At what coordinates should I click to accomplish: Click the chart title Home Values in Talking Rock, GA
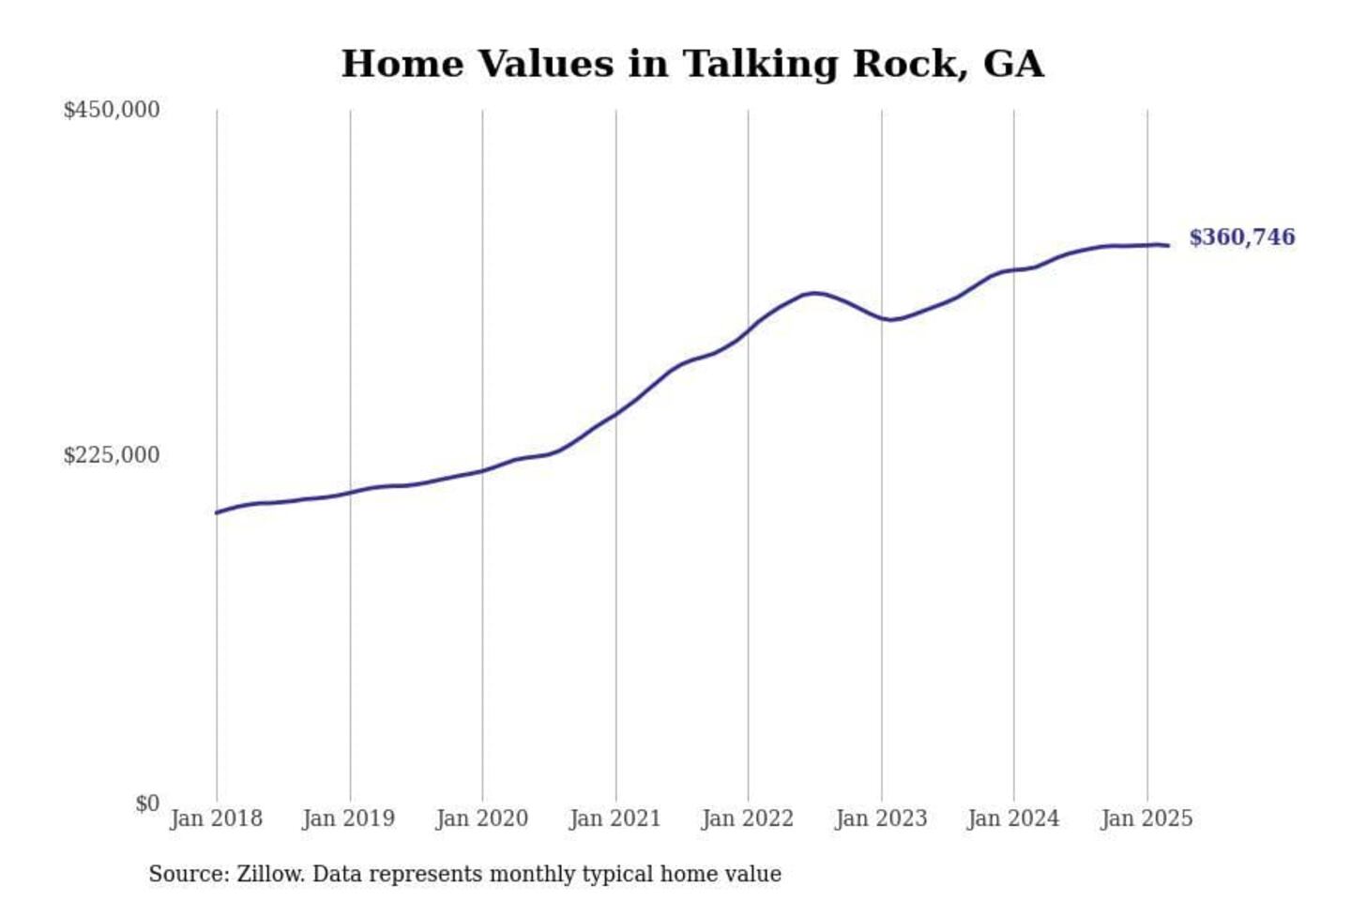[x=691, y=64]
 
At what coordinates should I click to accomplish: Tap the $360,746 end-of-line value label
[x=1241, y=237]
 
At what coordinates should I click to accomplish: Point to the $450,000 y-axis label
[x=111, y=110]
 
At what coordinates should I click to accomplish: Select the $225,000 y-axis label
[x=111, y=455]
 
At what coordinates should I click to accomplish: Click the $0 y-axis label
[x=146, y=803]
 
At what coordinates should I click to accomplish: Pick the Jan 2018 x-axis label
[x=216, y=818]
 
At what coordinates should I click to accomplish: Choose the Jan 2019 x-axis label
[x=348, y=818]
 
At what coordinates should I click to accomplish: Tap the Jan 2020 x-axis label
[x=481, y=818]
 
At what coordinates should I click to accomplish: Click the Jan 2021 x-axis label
[x=615, y=818]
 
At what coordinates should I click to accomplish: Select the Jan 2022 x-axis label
[x=747, y=818]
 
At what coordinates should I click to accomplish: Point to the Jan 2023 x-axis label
[x=880, y=818]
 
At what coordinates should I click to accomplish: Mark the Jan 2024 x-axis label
[x=1012, y=818]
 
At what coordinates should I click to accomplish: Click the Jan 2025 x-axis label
[x=1146, y=818]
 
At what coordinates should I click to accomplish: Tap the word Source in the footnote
[x=188, y=874]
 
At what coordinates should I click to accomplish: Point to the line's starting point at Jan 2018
[x=217, y=512]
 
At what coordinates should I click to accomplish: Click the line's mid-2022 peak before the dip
[x=815, y=293]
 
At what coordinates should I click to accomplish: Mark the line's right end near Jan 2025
[x=1168, y=246]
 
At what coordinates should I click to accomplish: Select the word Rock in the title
[x=909, y=64]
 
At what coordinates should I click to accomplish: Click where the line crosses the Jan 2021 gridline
[x=616, y=413]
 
